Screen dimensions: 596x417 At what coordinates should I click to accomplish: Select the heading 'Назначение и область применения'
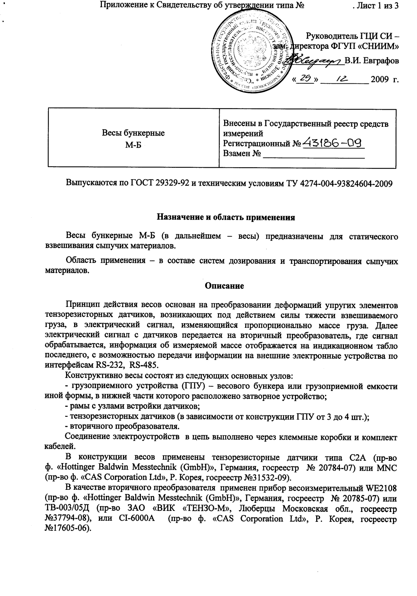(x=226, y=218)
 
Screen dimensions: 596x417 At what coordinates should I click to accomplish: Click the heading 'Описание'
(x=225, y=285)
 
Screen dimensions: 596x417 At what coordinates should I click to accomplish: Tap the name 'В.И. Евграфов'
(x=372, y=60)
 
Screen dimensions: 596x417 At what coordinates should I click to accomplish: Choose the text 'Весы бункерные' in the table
(x=133, y=133)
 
